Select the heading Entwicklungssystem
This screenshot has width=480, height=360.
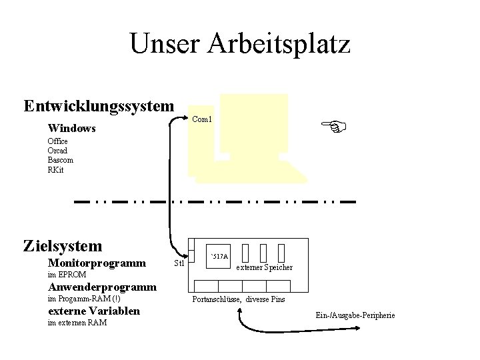(x=99, y=107)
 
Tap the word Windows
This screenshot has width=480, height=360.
(x=72, y=127)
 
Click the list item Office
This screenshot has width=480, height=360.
(x=57, y=141)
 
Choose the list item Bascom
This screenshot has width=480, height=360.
(x=61, y=160)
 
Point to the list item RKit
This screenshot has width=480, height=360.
(x=56, y=169)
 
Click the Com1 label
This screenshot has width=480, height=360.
(x=201, y=120)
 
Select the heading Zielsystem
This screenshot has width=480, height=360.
(x=63, y=246)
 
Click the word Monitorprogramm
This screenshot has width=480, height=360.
(x=97, y=263)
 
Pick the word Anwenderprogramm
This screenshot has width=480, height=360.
(x=102, y=287)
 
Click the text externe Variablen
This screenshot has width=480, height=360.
(x=94, y=311)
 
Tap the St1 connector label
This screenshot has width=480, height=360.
(x=179, y=263)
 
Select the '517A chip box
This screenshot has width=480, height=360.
(x=219, y=257)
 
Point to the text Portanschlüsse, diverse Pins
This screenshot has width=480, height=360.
(x=238, y=299)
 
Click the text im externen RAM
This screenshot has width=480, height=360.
(x=77, y=323)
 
